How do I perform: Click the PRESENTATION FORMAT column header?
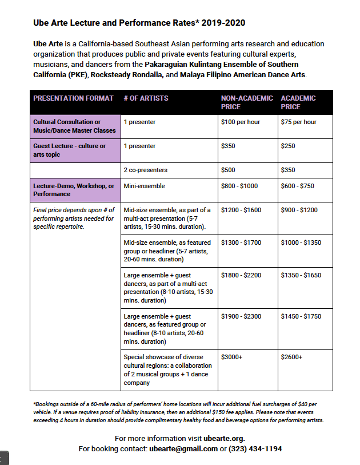73,98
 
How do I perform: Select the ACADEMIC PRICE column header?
298,102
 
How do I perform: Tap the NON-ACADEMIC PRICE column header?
247,102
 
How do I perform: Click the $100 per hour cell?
240,122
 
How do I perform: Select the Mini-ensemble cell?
145,186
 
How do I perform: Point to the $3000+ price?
232,357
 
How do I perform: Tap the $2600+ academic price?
291,357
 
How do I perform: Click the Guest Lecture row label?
69,150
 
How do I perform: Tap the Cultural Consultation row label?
74,126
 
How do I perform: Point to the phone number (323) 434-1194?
255,449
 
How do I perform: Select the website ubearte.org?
224,439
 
